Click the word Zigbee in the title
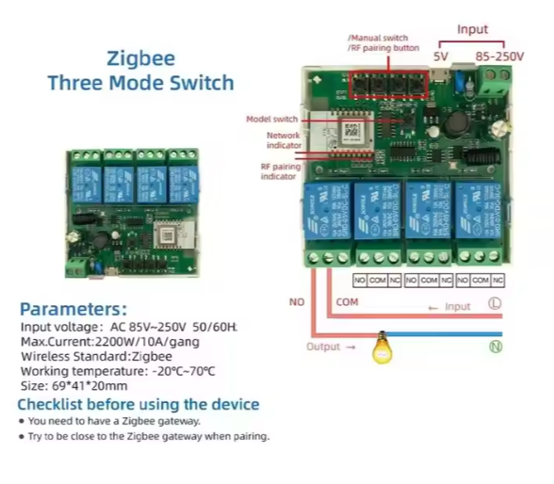[x=140, y=57]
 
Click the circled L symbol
[x=495, y=303]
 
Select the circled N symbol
[x=495, y=346]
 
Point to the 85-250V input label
[x=499, y=56]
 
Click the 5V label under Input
[x=440, y=56]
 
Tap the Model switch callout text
[x=271, y=120]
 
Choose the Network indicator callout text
[x=283, y=140]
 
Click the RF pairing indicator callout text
[x=280, y=170]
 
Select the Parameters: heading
[x=73, y=309]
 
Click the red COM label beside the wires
[x=347, y=301]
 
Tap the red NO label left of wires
[x=297, y=301]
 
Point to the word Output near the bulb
[x=324, y=347]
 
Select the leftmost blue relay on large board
[x=325, y=212]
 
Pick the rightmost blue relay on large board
[x=477, y=212]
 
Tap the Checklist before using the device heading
[x=138, y=405]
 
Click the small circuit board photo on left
[x=131, y=213]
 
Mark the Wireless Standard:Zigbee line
[x=96, y=356]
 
